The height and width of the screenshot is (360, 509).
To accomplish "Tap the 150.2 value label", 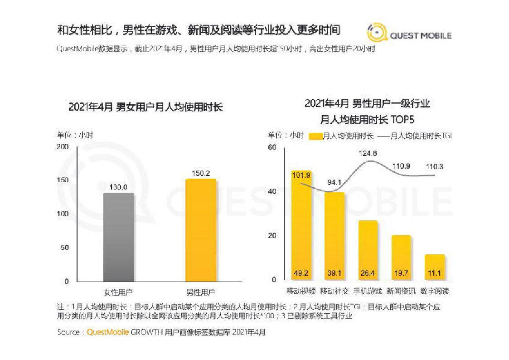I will pyautogui.click(x=200, y=173).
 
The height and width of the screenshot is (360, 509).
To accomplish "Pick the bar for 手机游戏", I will pyautogui.click(x=368, y=250).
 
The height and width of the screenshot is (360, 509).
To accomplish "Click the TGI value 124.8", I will pyautogui.click(x=368, y=153).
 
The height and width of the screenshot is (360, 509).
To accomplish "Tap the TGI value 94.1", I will pyautogui.click(x=334, y=183).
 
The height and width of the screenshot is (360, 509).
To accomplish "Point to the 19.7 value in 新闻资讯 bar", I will pyautogui.click(x=401, y=273).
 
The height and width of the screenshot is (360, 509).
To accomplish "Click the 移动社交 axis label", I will pyautogui.click(x=334, y=291).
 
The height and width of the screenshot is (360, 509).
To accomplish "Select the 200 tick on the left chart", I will pyautogui.click(x=63, y=147).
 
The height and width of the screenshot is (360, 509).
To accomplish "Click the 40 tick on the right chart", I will pyautogui.click(x=272, y=191).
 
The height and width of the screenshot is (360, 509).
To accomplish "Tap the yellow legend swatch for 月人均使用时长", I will pyautogui.click(x=315, y=136).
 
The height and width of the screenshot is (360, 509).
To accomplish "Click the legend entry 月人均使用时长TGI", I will pyautogui.click(x=415, y=136).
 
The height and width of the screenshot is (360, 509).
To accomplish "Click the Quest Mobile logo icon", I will pyautogui.click(x=377, y=34).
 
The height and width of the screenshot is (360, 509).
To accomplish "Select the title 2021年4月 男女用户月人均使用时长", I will pyautogui.click(x=145, y=108).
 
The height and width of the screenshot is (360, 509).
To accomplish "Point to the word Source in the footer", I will pyautogui.click(x=68, y=332).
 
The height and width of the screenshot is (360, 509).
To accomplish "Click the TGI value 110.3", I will pyautogui.click(x=434, y=167).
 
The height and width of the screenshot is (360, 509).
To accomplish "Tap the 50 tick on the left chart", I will pyautogui.click(x=65, y=248).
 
